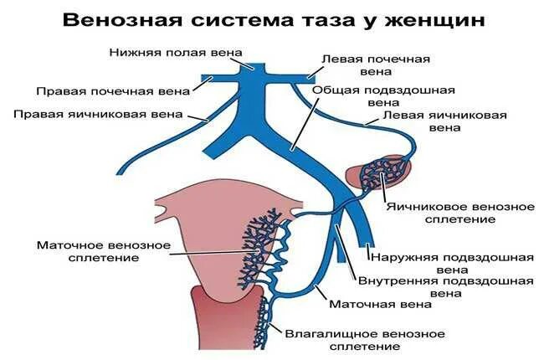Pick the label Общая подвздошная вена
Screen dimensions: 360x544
click(x=383, y=97)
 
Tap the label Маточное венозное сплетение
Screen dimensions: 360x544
click(x=104, y=252)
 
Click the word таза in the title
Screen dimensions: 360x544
click(x=321, y=18)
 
